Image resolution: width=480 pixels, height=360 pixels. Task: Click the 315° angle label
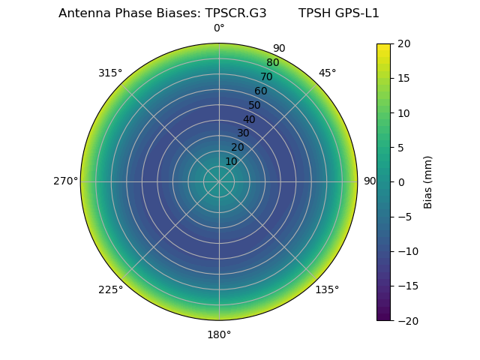(x=110, y=73)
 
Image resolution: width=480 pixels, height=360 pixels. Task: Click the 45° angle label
(x=328, y=73)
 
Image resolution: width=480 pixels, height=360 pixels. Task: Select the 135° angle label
(x=327, y=289)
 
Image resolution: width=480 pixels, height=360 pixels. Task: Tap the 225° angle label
(x=110, y=289)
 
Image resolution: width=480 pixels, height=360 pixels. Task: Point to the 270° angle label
(x=66, y=181)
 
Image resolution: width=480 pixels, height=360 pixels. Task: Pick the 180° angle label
(x=219, y=334)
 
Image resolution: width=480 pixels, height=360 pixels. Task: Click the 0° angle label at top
(x=219, y=28)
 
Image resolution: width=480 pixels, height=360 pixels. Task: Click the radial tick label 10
(x=231, y=161)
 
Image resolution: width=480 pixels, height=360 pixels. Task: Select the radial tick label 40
(x=249, y=119)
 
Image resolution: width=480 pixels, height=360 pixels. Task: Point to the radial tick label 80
(x=273, y=62)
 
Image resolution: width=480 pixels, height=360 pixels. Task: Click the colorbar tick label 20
(x=403, y=43)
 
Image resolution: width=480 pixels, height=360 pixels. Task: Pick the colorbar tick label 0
(x=400, y=181)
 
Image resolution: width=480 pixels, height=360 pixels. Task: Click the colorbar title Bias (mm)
(x=428, y=181)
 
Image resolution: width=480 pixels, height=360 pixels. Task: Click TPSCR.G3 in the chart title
(x=235, y=13)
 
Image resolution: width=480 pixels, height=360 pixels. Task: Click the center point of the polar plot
(x=219, y=181)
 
